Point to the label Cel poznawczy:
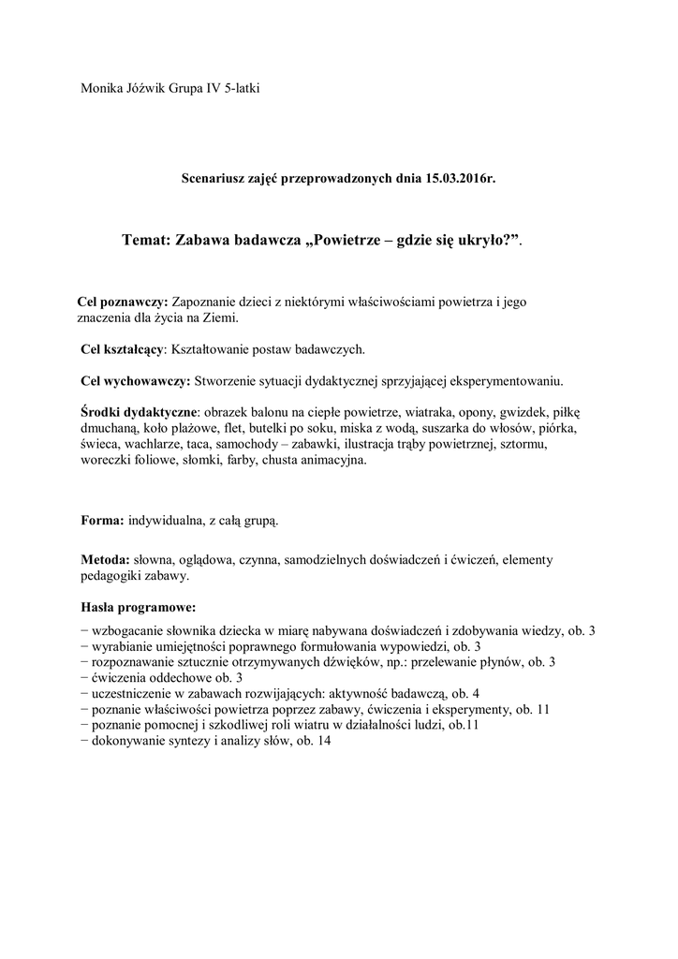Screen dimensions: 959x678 click(x=122, y=302)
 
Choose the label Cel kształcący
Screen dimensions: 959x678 click(x=122, y=349)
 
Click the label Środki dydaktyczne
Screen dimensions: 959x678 click(x=140, y=413)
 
